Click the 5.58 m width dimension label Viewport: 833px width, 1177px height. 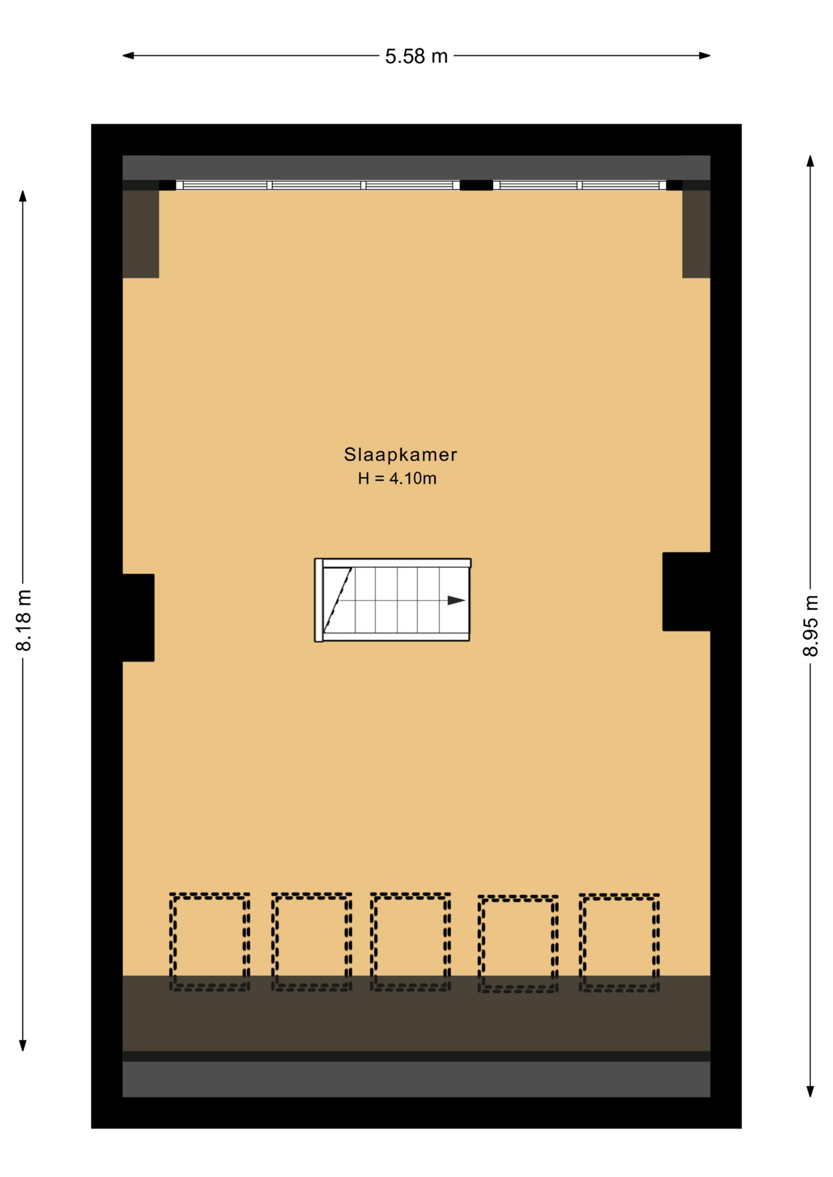[416, 56]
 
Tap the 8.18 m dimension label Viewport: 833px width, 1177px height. [23, 620]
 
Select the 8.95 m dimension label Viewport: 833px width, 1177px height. [810, 625]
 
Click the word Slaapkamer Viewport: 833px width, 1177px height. [400, 454]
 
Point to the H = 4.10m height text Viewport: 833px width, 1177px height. [397, 478]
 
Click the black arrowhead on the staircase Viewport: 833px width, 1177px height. [456, 600]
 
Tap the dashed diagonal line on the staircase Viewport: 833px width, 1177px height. [337, 600]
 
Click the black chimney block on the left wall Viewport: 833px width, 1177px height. [138, 617]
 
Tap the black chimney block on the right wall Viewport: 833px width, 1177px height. [686, 592]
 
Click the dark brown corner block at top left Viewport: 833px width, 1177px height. [140, 234]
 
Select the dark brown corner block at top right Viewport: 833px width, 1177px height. [696, 234]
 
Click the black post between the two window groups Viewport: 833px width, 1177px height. [476, 185]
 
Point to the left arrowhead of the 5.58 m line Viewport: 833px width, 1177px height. [128, 56]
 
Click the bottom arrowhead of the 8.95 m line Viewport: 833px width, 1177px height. [810, 1091]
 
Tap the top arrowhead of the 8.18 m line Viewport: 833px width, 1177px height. [23, 196]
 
